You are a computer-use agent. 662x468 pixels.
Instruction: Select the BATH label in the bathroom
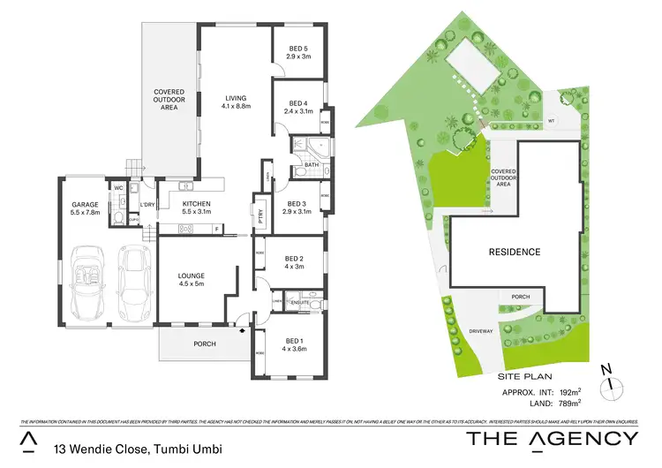pyautogui.click(x=311, y=164)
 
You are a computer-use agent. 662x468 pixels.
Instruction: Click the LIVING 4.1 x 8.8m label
pyautogui.click(x=236, y=102)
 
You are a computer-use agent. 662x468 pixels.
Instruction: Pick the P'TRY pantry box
pyautogui.click(x=261, y=215)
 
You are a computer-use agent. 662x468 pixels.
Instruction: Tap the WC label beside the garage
pyautogui.click(x=117, y=188)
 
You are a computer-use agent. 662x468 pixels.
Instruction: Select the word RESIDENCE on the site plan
pyautogui.click(x=515, y=252)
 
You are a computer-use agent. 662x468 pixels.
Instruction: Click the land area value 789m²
pyautogui.click(x=567, y=404)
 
